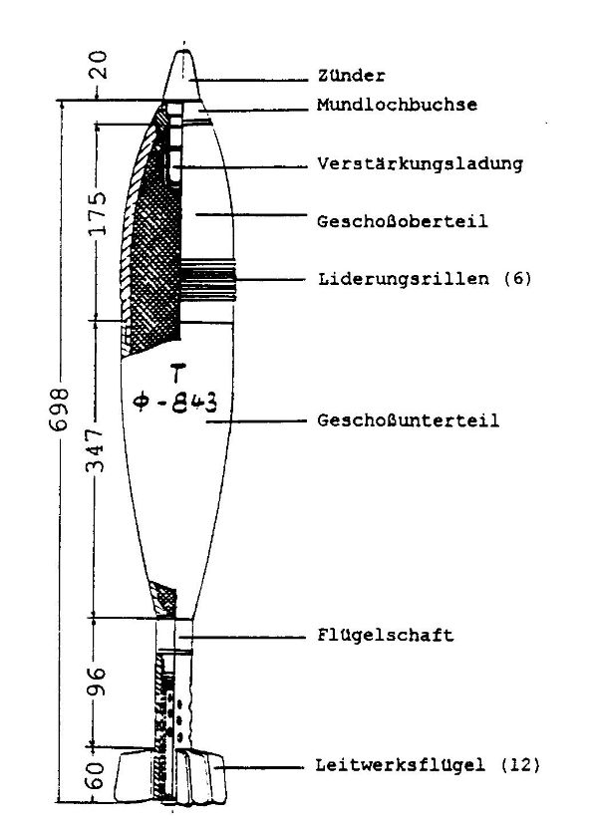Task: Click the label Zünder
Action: [x=352, y=76]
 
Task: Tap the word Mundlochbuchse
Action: [x=398, y=105]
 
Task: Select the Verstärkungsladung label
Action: [x=420, y=163]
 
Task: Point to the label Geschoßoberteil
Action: [x=402, y=221]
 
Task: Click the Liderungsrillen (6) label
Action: [x=425, y=278]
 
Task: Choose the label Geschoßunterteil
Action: [x=408, y=420]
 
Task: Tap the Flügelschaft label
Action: [x=386, y=635]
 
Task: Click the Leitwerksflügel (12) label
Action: [x=428, y=765]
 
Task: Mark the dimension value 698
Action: [x=61, y=410]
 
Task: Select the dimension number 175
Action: [x=97, y=213]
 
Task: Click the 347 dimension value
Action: [x=96, y=450]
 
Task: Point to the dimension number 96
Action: [x=96, y=682]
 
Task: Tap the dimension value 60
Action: [x=95, y=775]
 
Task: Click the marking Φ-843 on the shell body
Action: [x=175, y=404]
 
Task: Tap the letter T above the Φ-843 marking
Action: [x=178, y=372]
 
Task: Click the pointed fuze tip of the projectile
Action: [x=182, y=52]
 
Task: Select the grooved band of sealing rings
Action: [x=208, y=280]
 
